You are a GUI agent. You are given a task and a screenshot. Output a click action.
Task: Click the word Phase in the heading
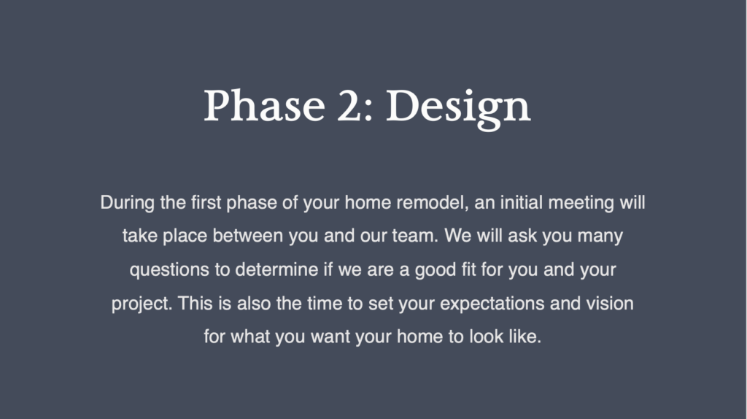click(x=264, y=105)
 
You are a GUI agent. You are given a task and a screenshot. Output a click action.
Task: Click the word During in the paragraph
click(x=127, y=203)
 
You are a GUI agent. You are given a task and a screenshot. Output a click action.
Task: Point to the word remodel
click(x=433, y=202)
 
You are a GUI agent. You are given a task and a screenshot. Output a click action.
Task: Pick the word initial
click(x=521, y=202)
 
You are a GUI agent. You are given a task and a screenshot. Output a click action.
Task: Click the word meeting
click(x=581, y=203)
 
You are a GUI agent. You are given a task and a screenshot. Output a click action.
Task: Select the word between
click(x=248, y=236)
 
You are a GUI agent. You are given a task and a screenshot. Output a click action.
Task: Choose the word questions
click(x=169, y=270)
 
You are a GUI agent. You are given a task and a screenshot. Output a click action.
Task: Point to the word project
click(x=142, y=304)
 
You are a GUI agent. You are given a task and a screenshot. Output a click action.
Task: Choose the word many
click(x=600, y=237)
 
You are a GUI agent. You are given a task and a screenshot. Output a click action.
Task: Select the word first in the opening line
click(x=206, y=202)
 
